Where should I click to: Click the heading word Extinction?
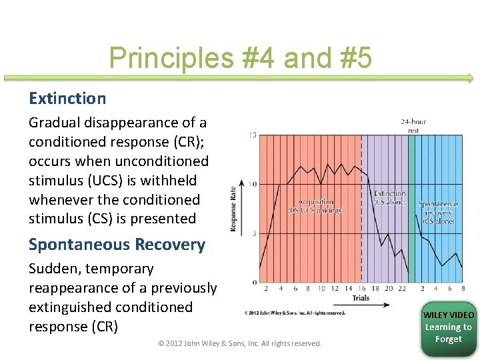click(x=67, y=99)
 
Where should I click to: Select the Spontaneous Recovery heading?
click(x=117, y=245)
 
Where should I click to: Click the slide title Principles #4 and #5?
click(x=240, y=59)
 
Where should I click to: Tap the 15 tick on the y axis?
click(x=253, y=135)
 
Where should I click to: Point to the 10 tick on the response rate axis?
click(x=253, y=184)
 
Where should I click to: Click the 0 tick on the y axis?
click(x=254, y=282)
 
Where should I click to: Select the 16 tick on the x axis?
click(x=361, y=289)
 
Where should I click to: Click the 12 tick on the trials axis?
click(x=335, y=289)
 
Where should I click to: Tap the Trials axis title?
click(x=361, y=298)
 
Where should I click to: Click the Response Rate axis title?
click(x=233, y=209)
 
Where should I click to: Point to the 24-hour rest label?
click(x=413, y=125)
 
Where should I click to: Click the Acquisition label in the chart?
click(x=315, y=206)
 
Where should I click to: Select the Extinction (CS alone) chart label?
click(x=389, y=198)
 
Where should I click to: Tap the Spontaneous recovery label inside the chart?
click(x=438, y=212)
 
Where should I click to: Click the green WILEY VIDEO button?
click(x=449, y=327)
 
